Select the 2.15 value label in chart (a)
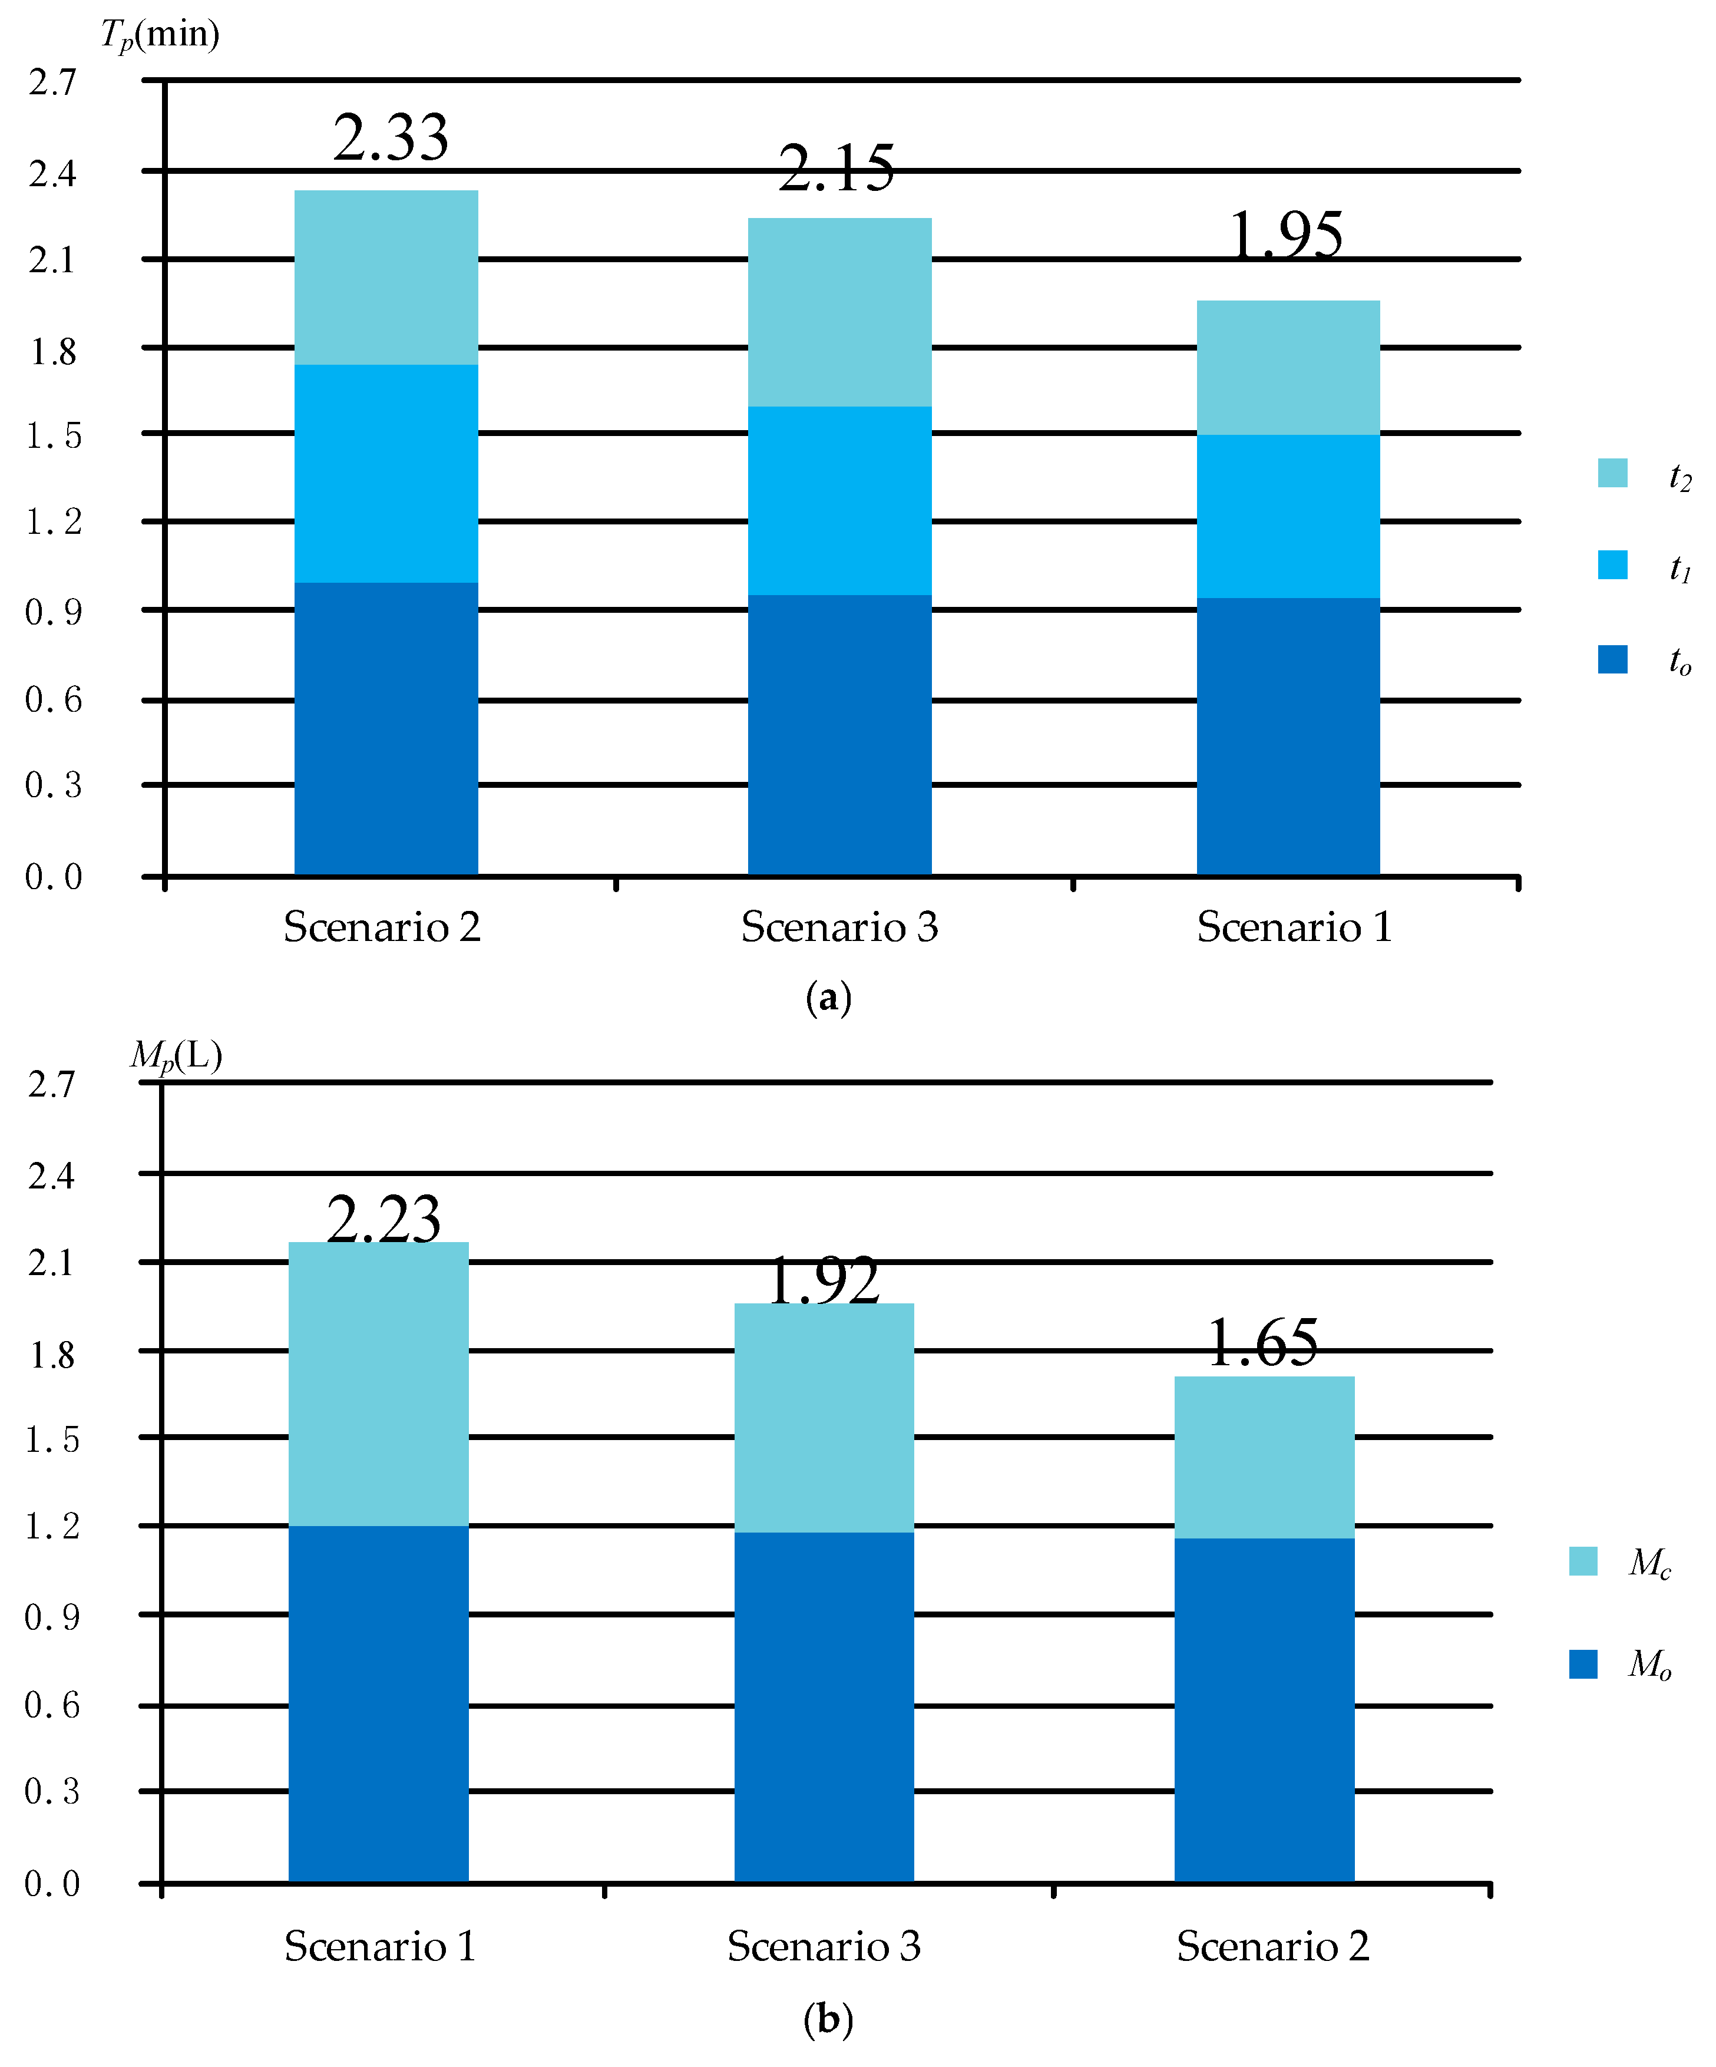[836, 169]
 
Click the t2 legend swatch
[1612, 473]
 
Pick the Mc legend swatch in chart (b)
[1582, 1561]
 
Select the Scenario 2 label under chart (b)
[1272, 1947]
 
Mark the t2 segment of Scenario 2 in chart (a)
[386, 278]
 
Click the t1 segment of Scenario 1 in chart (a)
[1287, 516]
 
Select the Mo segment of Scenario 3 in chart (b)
[824, 1707]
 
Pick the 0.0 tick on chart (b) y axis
[51, 1883]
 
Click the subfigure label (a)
[828, 997]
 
